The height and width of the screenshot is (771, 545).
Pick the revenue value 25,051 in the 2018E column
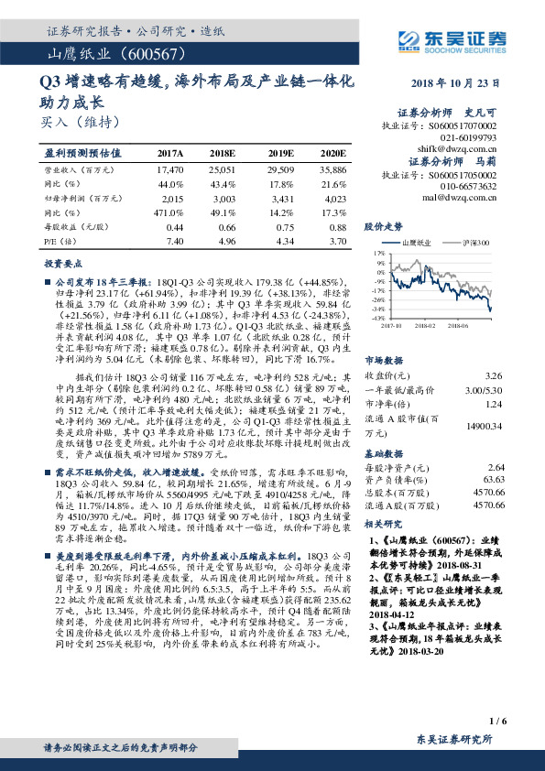pos(223,170)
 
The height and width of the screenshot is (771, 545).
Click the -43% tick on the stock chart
pos(377,317)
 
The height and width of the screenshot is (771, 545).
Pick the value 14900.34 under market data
pos(485,426)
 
